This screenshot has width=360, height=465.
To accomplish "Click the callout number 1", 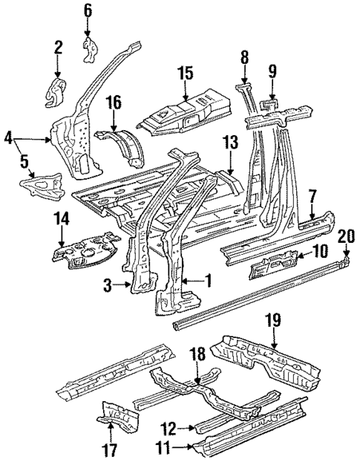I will [x=209, y=281].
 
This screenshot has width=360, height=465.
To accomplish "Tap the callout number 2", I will [x=59, y=49].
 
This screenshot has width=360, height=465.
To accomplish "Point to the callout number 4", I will [x=8, y=137].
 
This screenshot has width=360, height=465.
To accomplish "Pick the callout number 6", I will [x=88, y=10].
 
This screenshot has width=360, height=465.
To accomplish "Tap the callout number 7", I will [x=313, y=196].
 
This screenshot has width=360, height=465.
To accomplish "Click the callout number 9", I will [x=272, y=72].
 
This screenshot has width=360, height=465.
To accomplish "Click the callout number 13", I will [x=232, y=143].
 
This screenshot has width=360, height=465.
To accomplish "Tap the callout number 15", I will [x=186, y=74].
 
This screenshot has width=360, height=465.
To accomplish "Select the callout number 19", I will [x=272, y=320].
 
